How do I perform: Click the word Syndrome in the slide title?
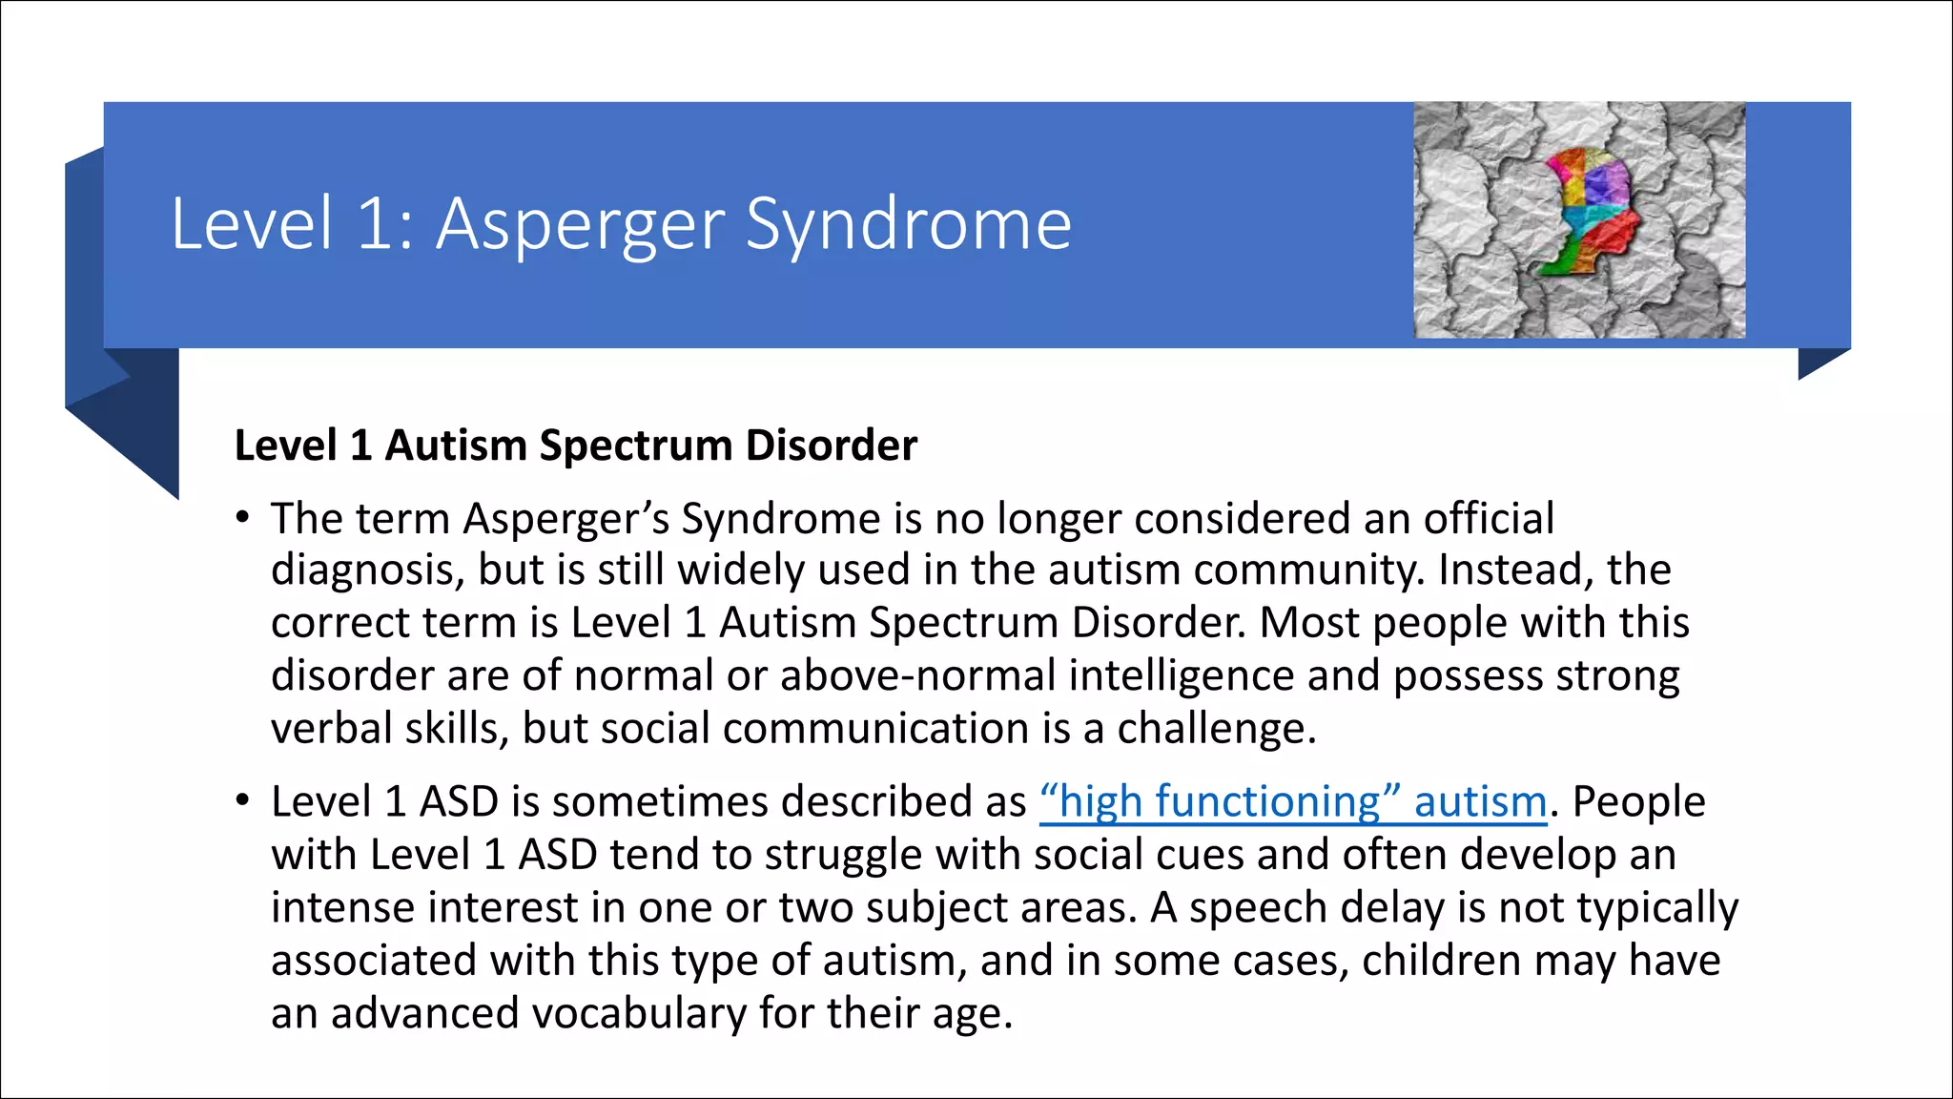coord(908,225)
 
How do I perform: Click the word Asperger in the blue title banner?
coord(580,225)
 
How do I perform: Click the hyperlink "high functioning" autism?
coord(1293,801)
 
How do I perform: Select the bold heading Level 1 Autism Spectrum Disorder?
coord(575,446)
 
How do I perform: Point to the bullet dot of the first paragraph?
coord(243,518)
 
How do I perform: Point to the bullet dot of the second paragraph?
coord(243,800)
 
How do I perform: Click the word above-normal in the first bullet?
coord(917,675)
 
